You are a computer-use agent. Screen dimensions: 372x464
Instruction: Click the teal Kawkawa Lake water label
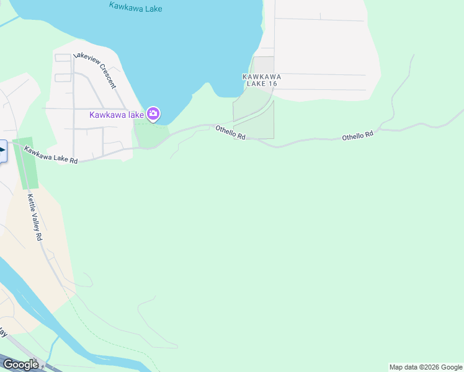tap(135, 7)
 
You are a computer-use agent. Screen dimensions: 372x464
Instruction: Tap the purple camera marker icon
tap(153, 113)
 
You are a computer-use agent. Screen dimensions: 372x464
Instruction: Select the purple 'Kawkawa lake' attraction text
tap(117, 115)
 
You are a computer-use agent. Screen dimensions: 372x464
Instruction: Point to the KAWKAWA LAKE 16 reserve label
tap(261, 81)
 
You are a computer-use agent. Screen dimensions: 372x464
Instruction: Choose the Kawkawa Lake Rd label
tap(51, 154)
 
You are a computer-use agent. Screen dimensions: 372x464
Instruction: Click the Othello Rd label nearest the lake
tap(230, 132)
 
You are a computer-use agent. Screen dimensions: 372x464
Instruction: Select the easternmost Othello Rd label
tap(358, 135)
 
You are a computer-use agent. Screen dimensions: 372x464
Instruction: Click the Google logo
tap(20, 365)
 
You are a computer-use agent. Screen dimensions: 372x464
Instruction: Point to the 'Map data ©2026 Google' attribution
tap(426, 367)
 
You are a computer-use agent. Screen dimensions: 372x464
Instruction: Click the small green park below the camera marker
tap(149, 134)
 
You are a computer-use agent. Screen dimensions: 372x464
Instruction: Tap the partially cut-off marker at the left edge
tap(2, 150)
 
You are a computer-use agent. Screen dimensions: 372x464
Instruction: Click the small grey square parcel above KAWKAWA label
tap(263, 64)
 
